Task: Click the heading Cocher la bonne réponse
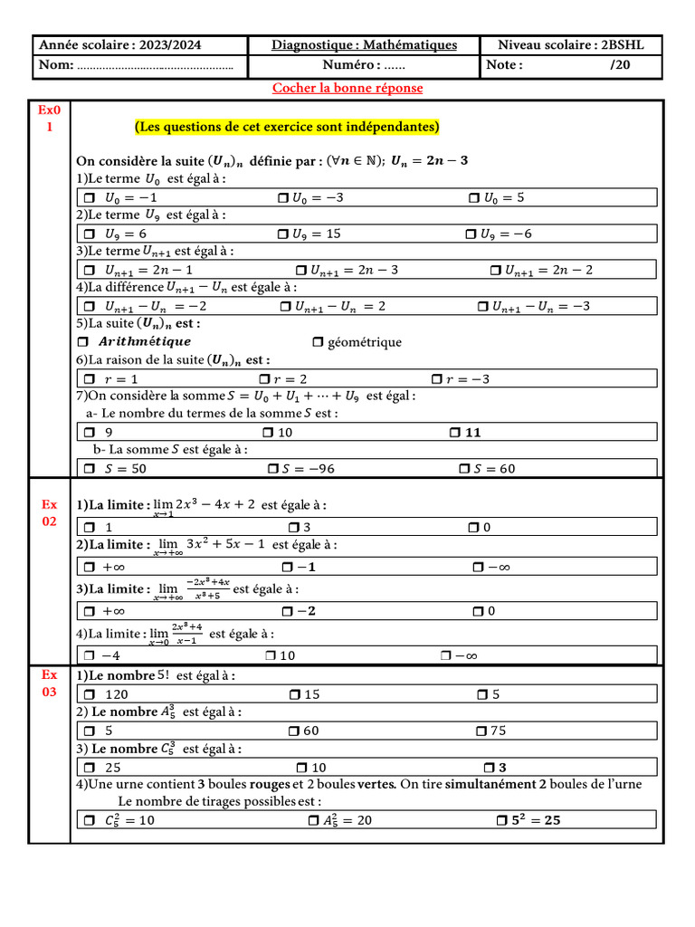click(x=347, y=88)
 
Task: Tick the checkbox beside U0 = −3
click(x=282, y=197)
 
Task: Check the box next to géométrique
click(x=317, y=342)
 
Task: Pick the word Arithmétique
click(x=144, y=341)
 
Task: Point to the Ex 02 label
click(x=49, y=513)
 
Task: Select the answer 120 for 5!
click(x=117, y=694)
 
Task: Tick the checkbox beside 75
click(x=481, y=731)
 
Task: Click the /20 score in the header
click(x=620, y=65)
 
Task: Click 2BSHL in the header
click(x=624, y=45)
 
